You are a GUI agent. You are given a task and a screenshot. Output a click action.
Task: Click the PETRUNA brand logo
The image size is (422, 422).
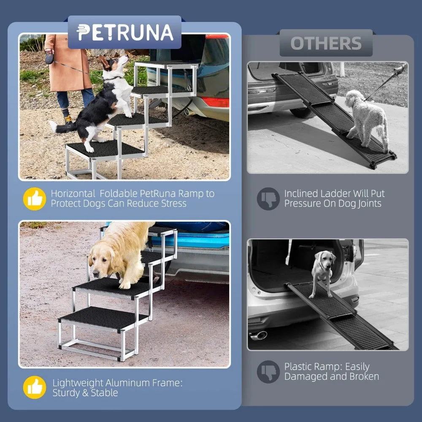(x=125, y=32)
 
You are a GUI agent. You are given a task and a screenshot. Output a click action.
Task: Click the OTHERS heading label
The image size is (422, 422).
(x=326, y=43)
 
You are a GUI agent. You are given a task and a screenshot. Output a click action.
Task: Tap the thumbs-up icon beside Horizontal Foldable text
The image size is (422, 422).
(x=35, y=199)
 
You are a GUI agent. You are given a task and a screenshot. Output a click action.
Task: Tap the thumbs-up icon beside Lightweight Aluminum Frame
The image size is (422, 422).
(x=35, y=388)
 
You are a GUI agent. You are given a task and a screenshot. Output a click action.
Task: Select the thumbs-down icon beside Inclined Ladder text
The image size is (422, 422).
(x=268, y=199)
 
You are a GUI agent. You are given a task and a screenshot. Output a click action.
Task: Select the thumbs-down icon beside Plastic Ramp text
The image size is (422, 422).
(x=268, y=371)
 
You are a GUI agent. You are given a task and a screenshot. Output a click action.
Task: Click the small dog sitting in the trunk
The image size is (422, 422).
(x=323, y=270)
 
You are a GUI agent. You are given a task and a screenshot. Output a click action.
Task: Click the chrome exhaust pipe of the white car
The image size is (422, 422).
(x=258, y=335)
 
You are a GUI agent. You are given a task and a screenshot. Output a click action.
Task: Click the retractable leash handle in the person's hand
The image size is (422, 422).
(x=50, y=58)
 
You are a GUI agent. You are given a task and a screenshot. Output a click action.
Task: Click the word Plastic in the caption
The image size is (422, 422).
(x=300, y=366)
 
